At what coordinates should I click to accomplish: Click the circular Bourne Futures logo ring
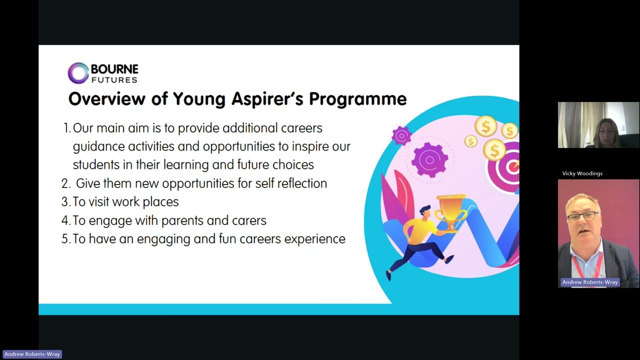(x=78, y=73)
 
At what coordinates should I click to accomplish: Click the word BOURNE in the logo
(x=114, y=69)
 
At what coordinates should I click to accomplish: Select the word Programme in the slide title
(x=357, y=99)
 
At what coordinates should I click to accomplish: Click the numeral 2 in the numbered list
(x=64, y=183)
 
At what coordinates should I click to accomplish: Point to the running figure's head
(x=425, y=212)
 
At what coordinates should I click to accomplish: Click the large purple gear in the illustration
(x=429, y=159)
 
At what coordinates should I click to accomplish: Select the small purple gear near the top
(x=401, y=135)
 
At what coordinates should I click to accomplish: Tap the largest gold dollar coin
(x=485, y=125)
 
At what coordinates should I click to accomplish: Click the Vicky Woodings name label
(x=582, y=173)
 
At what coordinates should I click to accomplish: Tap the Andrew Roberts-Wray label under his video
(x=590, y=282)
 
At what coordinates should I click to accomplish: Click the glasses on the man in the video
(x=583, y=216)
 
